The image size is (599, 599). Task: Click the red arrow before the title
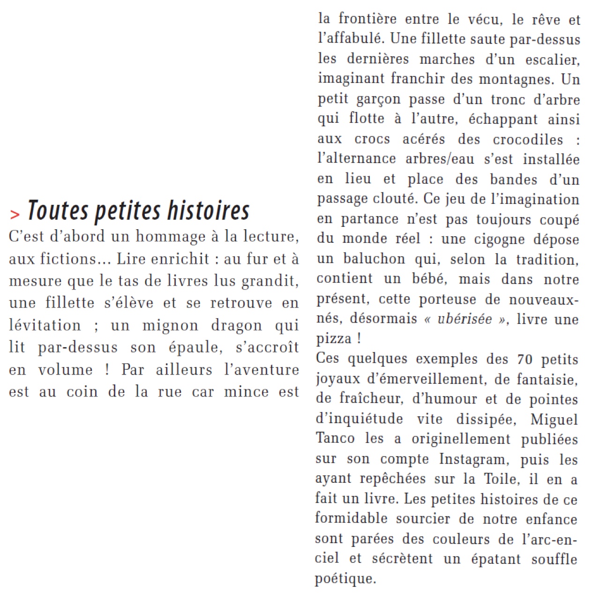[x=15, y=214]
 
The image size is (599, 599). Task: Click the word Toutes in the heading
[x=58, y=210]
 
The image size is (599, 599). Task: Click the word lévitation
[x=45, y=325]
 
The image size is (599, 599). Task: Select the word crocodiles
[x=527, y=140]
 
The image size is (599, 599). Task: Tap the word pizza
[x=334, y=338]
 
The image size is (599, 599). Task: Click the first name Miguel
[x=554, y=419]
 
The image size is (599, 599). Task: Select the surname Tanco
[x=335, y=439]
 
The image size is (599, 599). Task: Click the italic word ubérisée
[x=464, y=319]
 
